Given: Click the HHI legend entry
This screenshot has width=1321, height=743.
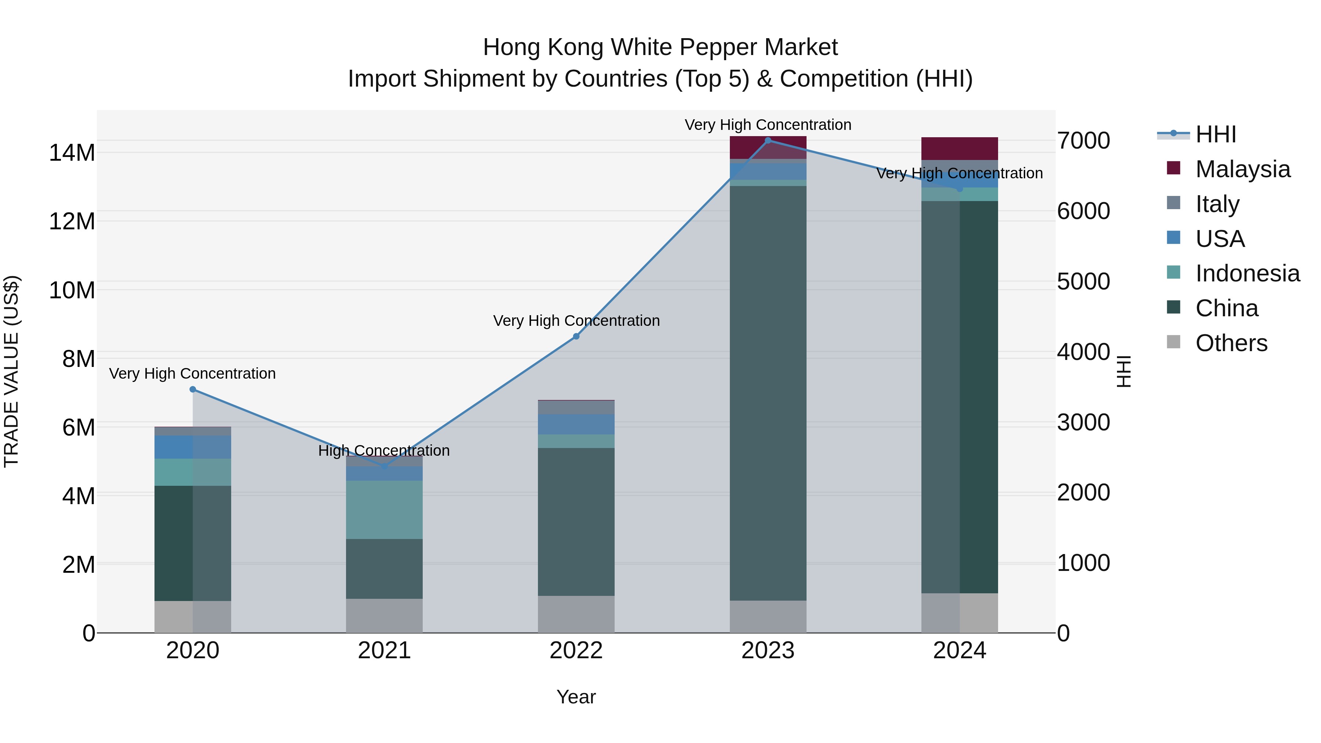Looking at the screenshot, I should click(1215, 134).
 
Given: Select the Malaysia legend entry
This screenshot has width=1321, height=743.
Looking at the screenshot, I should click(1242, 169).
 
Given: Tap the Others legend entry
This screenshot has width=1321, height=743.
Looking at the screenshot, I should click(1231, 343).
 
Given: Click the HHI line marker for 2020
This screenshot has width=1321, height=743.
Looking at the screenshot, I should click(193, 390).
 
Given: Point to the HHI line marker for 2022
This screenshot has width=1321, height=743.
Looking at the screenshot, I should click(576, 336).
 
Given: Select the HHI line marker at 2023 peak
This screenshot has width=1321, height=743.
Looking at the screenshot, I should click(768, 141).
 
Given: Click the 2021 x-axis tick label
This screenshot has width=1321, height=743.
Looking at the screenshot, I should click(384, 651).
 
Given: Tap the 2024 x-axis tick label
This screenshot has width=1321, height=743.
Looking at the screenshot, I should click(960, 651).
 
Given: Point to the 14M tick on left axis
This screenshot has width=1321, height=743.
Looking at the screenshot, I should click(72, 153).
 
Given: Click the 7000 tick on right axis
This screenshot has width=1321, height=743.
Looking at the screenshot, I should click(1084, 141).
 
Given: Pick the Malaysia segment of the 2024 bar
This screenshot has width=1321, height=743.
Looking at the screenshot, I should click(960, 149).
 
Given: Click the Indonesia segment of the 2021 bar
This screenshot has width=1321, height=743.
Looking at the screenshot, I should click(384, 510).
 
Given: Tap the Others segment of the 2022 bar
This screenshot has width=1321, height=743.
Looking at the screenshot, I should click(576, 614).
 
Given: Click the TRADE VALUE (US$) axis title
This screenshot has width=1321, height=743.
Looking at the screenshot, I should click(11, 371).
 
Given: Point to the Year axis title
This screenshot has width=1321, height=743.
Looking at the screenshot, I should click(576, 697).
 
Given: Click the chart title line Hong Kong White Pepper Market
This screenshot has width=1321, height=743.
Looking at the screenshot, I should click(660, 47).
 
